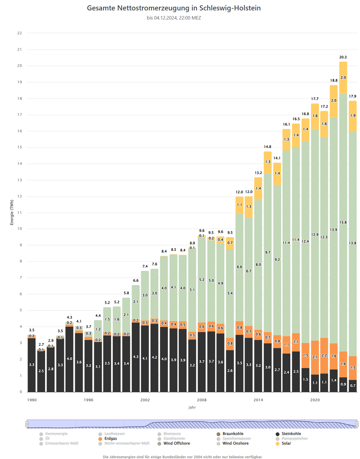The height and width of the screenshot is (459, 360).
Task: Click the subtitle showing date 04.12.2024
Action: [x=174, y=18]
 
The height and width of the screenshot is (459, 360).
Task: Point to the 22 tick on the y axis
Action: [x=20, y=33]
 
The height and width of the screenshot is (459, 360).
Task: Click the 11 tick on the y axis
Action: [x=20, y=213]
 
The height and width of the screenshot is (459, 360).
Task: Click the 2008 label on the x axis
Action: [x=202, y=400]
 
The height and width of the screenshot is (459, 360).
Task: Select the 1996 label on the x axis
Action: [x=88, y=400]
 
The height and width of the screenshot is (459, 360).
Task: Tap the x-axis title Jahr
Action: [x=192, y=408]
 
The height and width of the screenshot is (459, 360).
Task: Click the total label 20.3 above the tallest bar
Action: [x=343, y=57]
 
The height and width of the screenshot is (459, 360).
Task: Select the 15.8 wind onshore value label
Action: [x=343, y=222]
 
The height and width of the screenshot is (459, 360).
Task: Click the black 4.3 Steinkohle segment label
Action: [x=135, y=356]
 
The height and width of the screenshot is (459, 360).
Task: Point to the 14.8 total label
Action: [x=267, y=147]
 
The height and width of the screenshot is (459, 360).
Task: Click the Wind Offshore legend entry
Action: [x=176, y=443]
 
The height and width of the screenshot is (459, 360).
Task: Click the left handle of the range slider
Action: [x=27, y=424]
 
